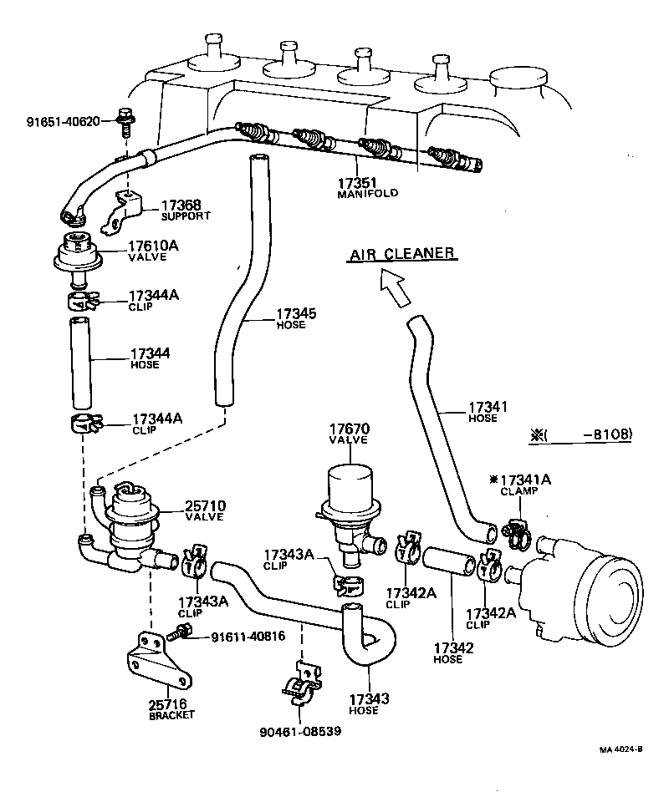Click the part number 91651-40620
(62, 121)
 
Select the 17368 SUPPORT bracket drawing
(121, 213)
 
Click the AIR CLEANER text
(401, 253)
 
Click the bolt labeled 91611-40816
(184, 636)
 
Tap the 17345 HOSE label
(291, 319)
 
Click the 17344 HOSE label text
(150, 358)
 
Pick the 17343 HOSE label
(365, 703)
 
